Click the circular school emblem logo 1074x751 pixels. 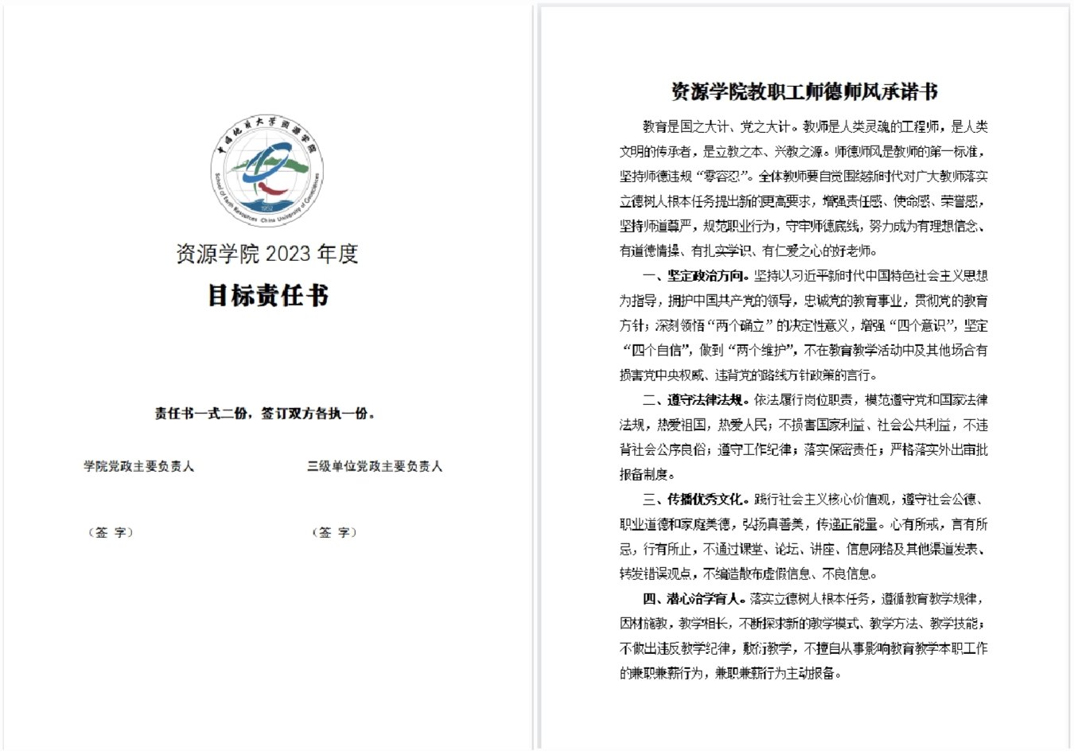pyautogui.click(x=267, y=171)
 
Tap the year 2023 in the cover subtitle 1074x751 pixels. pyautogui.click(x=288, y=254)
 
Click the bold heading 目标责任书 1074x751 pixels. pyautogui.click(x=267, y=296)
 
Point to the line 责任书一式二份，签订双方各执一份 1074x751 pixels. pyautogui.click(x=265, y=414)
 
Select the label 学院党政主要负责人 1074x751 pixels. pyautogui.click(x=139, y=466)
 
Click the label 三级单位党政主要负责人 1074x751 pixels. pyautogui.click(x=375, y=466)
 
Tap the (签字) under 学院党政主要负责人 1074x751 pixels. pyautogui.click(x=111, y=532)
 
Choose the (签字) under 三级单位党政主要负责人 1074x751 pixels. pyautogui.click(x=334, y=532)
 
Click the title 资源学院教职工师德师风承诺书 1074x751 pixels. pyautogui.click(x=804, y=92)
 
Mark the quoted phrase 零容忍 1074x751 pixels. pyautogui.click(x=724, y=177)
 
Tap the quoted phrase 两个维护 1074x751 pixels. pyautogui.click(x=761, y=351)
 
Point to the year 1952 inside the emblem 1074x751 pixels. pyautogui.click(x=267, y=208)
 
